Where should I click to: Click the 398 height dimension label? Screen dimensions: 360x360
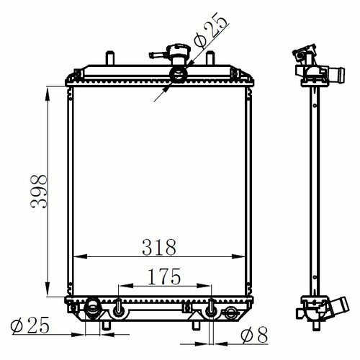point(39,192)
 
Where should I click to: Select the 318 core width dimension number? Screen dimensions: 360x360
point(159,247)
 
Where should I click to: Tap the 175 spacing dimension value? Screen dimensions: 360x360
point(164,276)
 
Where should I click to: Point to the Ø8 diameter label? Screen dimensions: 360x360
point(254,335)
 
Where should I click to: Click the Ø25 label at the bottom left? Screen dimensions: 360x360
point(30,325)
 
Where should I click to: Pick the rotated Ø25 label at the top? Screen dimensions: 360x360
point(211,30)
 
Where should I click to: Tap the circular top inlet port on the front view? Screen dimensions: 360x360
point(179,75)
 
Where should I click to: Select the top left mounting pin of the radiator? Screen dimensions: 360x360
point(110,58)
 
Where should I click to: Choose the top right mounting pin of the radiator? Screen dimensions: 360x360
point(210,58)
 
